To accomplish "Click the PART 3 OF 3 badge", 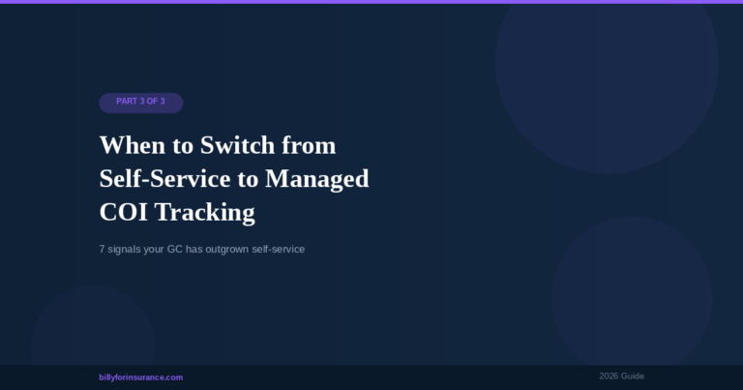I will click(x=141, y=102).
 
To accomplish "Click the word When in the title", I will click(x=132, y=146).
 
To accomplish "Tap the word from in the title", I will click(x=312, y=146).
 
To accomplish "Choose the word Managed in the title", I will click(x=317, y=179).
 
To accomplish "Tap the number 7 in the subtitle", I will click(x=103, y=250).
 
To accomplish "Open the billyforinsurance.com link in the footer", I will click(x=141, y=377).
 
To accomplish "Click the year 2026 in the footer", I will click(x=609, y=375).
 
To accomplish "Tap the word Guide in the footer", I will click(x=634, y=375).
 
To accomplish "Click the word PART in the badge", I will click(x=127, y=102).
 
